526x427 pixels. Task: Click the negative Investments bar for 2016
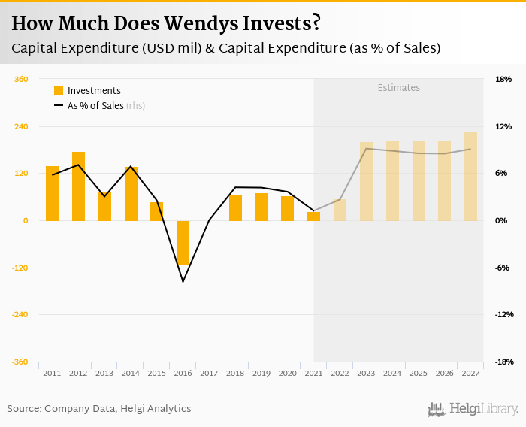(183, 243)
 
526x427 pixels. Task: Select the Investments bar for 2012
(78, 186)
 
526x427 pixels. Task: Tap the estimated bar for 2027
(470, 177)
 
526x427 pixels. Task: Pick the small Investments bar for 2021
(313, 217)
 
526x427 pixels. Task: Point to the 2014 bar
(131, 194)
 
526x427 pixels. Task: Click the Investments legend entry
(87, 91)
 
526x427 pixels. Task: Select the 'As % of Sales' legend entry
(98, 106)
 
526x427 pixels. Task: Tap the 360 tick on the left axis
(21, 79)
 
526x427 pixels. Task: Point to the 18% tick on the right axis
(503, 79)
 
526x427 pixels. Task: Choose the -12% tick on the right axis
(503, 314)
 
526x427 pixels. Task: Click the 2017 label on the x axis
(209, 373)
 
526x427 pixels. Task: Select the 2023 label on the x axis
(366, 373)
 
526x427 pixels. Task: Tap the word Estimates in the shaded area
(398, 88)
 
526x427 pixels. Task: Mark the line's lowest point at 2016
(183, 282)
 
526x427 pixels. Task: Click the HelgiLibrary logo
(473, 409)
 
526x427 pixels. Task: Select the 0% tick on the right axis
(502, 220)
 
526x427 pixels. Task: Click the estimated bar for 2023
(366, 181)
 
